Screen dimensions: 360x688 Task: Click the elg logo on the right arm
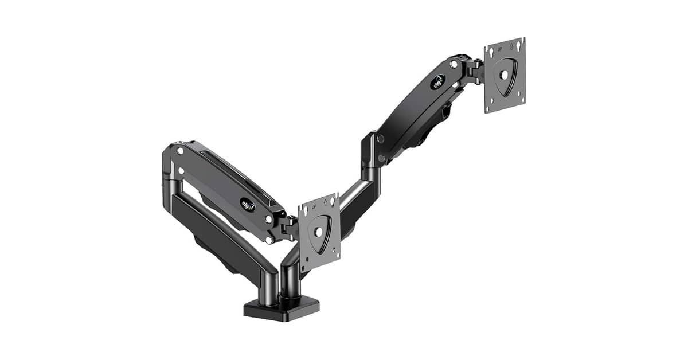[438, 82]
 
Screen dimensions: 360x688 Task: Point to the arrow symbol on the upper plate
[511, 46]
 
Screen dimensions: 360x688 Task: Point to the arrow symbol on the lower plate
[325, 202]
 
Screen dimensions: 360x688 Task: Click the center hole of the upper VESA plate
[504, 75]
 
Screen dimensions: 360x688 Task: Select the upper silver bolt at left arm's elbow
[180, 151]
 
